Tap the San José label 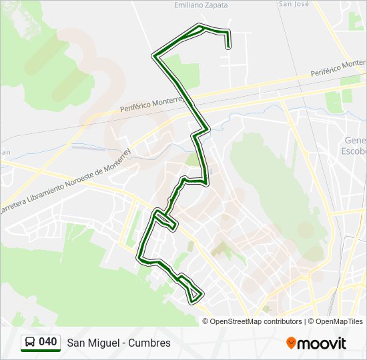click(294, 3)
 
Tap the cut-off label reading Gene click(355, 141)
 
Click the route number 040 click(48, 342)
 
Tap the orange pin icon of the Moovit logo click(291, 343)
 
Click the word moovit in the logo click(322, 343)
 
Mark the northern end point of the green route click(229, 47)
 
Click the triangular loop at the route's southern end click(194, 293)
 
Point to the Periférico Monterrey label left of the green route click(151, 103)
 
